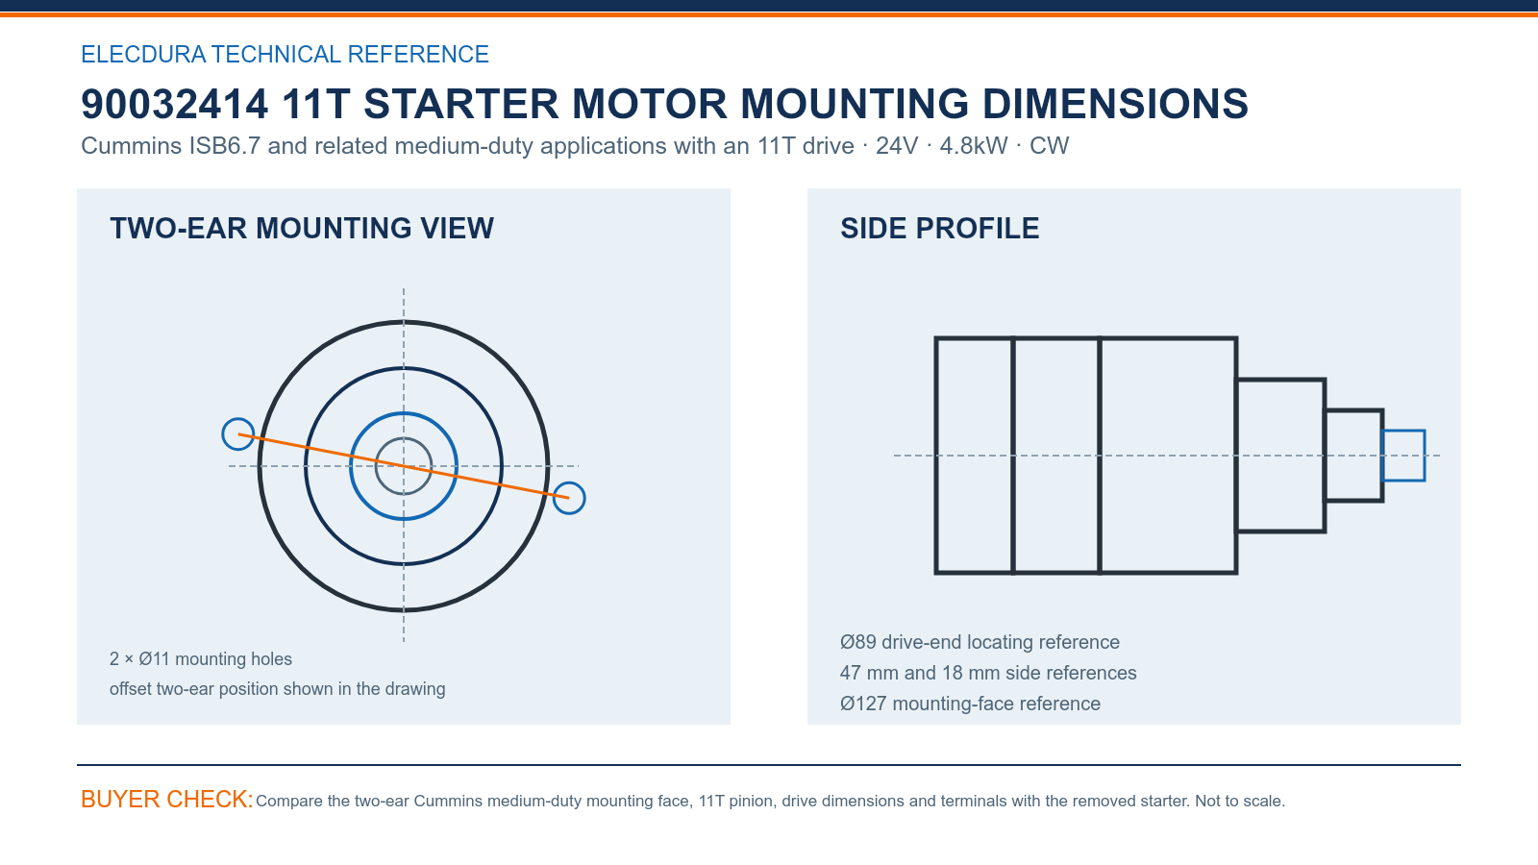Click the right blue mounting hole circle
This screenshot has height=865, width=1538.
569,482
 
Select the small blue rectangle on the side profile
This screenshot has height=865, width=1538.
1403,432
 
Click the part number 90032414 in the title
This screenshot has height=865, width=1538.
174,105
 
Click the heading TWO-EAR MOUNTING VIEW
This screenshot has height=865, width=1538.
302,229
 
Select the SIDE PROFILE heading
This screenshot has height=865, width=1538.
940,229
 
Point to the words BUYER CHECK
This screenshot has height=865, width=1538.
167,799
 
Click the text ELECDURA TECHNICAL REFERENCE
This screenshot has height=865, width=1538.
285,54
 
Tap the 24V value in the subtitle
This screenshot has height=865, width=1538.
897,145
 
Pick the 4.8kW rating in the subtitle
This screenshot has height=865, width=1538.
974,145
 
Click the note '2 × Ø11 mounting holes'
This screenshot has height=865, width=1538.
201,659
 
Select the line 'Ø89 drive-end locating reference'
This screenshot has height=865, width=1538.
980,642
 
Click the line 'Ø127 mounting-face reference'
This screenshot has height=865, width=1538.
970,704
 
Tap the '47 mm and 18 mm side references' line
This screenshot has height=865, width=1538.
988,673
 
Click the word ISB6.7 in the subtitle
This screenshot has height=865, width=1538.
225,145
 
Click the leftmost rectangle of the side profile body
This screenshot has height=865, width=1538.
935,456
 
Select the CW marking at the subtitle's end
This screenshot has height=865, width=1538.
1049,145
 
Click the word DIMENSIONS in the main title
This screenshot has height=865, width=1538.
1115,105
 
